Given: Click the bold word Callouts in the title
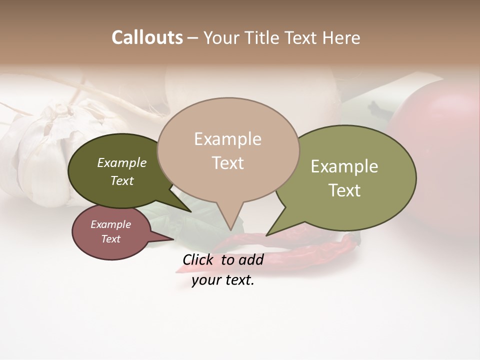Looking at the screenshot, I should click(147, 37).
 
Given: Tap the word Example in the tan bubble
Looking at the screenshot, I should click(227, 139).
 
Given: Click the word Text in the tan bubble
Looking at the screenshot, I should click(227, 163).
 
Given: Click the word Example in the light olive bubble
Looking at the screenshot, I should click(344, 166).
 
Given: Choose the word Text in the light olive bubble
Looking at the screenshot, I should click(344, 190).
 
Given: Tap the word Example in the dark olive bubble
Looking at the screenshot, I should click(121, 163).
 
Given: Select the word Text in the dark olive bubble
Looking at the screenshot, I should click(121, 181).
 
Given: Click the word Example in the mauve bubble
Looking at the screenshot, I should click(110, 224).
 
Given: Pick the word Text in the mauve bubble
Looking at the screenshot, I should click(110, 239).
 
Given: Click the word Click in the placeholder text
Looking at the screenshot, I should click(198, 259).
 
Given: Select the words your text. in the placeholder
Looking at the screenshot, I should click(223, 280).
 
